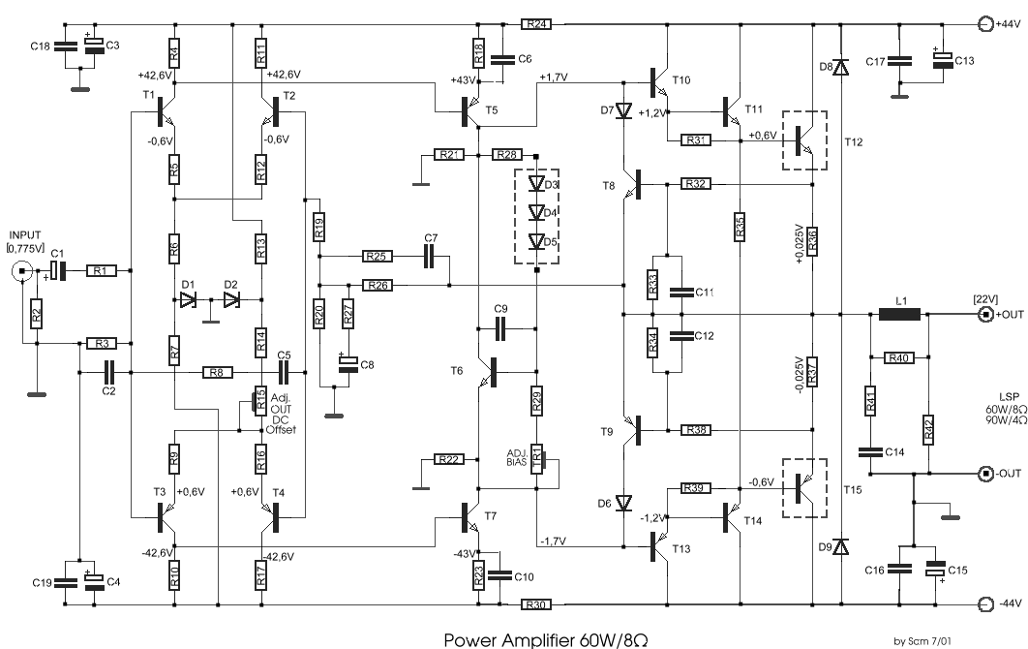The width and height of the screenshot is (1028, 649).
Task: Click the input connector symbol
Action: tap(19, 272)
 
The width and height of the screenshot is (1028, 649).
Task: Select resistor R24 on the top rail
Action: tap(537, 23)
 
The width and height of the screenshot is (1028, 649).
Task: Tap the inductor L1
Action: tap(899, 315)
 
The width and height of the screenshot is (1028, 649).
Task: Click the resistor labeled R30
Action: tap(537, 605)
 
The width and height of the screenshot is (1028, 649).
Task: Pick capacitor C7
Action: tap(431, 256)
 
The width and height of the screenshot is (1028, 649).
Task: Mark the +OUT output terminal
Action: tap(985, 315)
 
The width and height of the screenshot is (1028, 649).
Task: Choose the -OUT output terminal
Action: tap(985, 475)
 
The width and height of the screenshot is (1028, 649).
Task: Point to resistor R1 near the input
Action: tap(103, 272)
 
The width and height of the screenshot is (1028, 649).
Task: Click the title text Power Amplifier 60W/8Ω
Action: tap(553, 639)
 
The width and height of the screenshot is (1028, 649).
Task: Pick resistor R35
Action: tap(739, 226)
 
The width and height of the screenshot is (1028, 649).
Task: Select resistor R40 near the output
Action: tap(901, 357)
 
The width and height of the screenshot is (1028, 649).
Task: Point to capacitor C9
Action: tap(500, 329)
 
